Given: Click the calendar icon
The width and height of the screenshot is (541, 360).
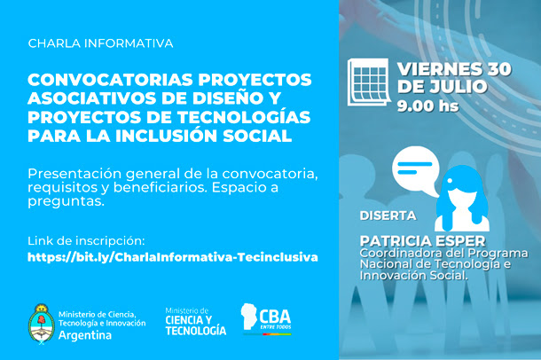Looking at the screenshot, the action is point(368,82).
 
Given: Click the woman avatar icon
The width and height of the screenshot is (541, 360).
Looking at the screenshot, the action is point(462,199).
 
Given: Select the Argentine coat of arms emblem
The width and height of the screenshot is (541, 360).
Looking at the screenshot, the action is point(42,324).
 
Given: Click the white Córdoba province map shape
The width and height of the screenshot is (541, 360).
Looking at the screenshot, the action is point(248,317).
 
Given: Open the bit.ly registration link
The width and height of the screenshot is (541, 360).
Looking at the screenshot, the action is point(173,257).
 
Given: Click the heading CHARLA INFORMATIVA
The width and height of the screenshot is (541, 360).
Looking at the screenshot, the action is point(100,43).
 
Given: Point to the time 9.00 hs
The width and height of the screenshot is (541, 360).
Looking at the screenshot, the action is point(427,106).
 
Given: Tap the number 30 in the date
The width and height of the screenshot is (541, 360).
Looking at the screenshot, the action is point(499,69).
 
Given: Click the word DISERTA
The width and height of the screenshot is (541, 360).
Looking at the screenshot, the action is point(388,215).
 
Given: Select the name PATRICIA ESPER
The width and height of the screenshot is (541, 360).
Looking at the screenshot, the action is point(422,240).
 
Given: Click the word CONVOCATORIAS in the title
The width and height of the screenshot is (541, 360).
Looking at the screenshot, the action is point(110,80).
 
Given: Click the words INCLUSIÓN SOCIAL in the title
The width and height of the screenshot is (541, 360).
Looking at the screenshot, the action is point(204,135).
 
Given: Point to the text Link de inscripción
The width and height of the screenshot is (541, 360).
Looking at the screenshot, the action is point(86,240).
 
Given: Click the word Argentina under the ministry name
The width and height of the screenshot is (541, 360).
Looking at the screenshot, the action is point(85,335).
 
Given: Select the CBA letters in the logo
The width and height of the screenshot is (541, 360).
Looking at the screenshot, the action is point(275,317).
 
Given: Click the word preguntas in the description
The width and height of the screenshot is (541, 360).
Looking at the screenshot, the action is point(66,202).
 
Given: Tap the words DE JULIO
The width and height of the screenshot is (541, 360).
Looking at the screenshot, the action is point(443,86).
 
